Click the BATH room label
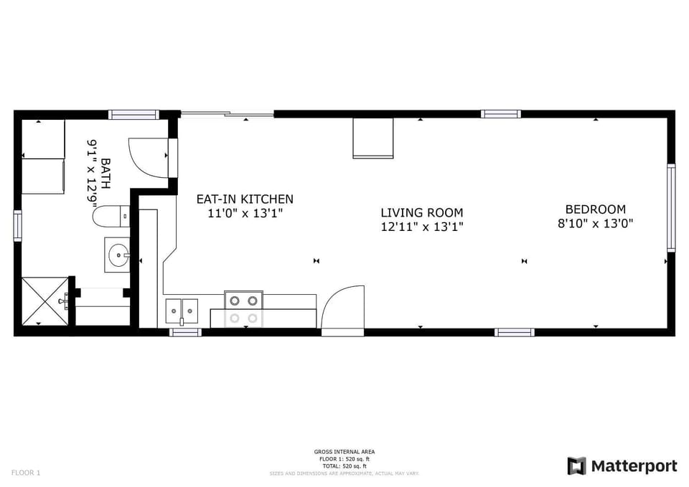[106, 173]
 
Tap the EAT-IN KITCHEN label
[245, 199]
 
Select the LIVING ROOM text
[421, 213]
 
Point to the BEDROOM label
[595, 209]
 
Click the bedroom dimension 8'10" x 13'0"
[595, 223]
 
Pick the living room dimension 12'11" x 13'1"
[421, 227]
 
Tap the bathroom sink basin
[117, 254]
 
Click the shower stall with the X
[43, 301]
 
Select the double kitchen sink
[182, 311]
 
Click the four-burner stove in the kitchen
[243, 309]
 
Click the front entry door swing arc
[342, 308]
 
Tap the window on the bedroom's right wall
[671, 207]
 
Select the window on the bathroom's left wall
[17, 225]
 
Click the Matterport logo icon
[576, 466]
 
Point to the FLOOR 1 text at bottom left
[26, 473]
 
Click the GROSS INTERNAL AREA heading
[344, 452]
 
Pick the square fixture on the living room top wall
[372, 138]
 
